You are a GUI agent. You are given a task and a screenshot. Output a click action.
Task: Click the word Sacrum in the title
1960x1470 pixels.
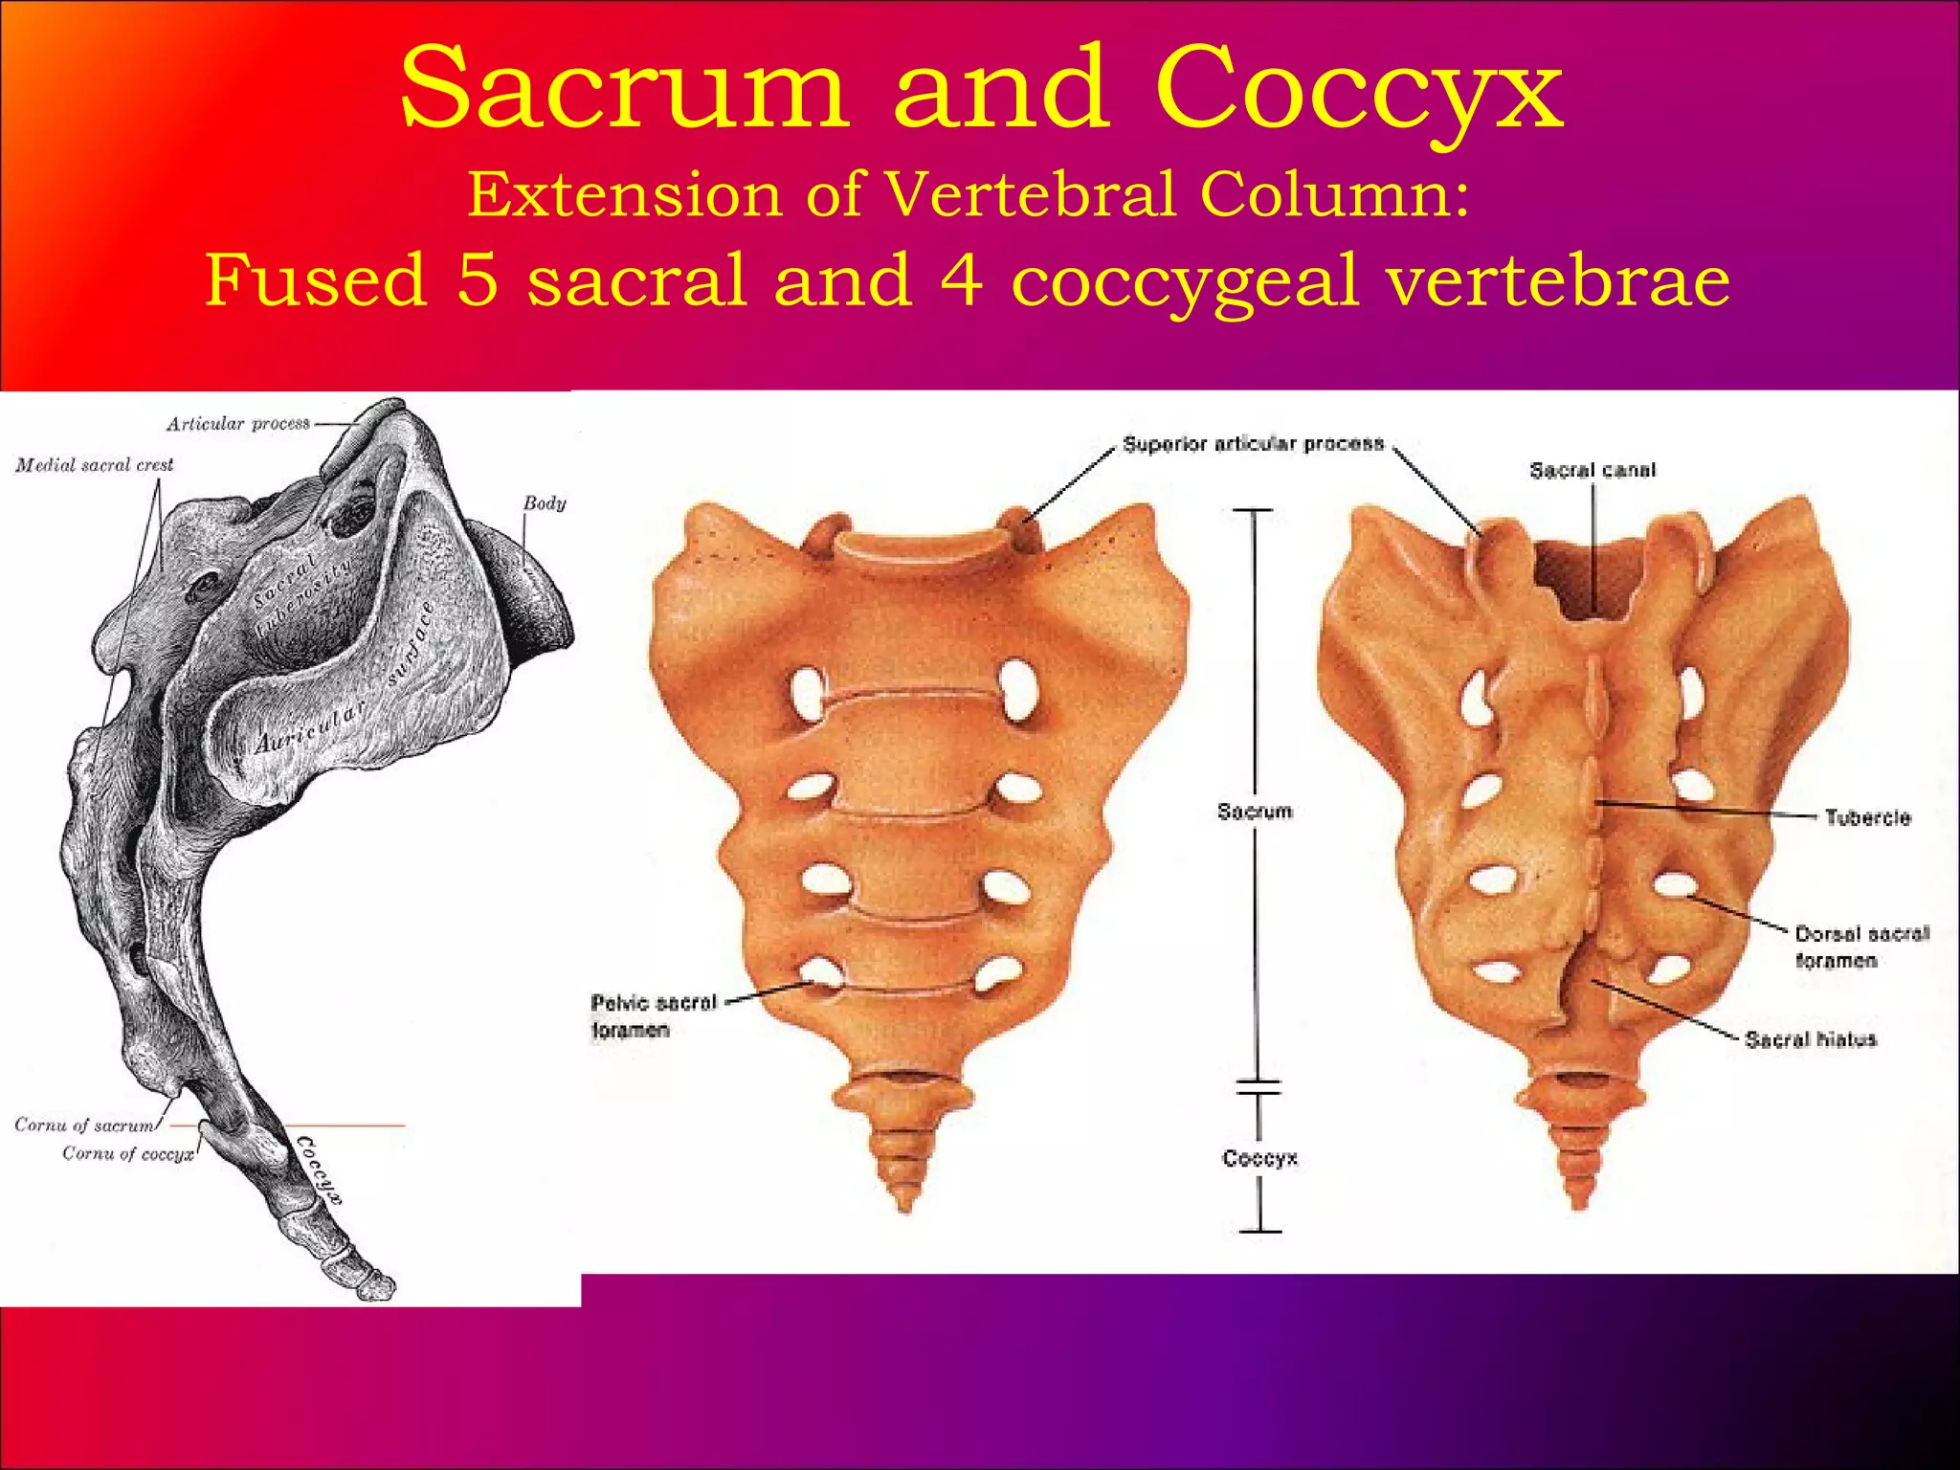[x=624, y=90]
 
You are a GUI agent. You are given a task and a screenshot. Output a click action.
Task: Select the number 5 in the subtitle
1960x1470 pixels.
[x=478, y=279]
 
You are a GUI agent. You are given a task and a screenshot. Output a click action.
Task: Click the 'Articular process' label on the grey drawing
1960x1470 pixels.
[x=238, y=424]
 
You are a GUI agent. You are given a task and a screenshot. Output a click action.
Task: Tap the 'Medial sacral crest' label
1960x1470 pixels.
[x=95, y=466]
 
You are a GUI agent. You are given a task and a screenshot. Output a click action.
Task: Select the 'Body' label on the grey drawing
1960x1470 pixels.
[x=545, y=503]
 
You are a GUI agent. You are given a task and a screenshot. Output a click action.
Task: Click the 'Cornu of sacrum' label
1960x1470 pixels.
[x=84, y=1125]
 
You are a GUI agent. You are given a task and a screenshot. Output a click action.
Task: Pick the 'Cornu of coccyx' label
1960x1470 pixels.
[x=128, y=1154]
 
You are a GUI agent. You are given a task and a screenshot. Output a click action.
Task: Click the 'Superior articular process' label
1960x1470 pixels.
[x=1253, y=444]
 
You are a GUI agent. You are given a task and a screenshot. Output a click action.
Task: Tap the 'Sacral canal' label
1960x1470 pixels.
[x=1592, y=471]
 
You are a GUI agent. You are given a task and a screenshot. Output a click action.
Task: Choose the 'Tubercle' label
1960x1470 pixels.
[x=1867, y=817]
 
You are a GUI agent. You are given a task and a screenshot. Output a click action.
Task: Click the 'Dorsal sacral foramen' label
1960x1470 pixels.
[x=1861, y=947]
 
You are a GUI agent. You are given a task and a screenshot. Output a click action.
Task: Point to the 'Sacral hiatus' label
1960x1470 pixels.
[x=1811, y=1039]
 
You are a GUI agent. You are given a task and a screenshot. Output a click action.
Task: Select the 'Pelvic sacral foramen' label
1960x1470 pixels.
[x=653, y=1015]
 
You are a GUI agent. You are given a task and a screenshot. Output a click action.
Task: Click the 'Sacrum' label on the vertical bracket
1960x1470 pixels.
[x=1255, y=813]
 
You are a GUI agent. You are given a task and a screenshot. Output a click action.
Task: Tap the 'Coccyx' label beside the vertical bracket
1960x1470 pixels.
[x=1259, y=1159]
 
